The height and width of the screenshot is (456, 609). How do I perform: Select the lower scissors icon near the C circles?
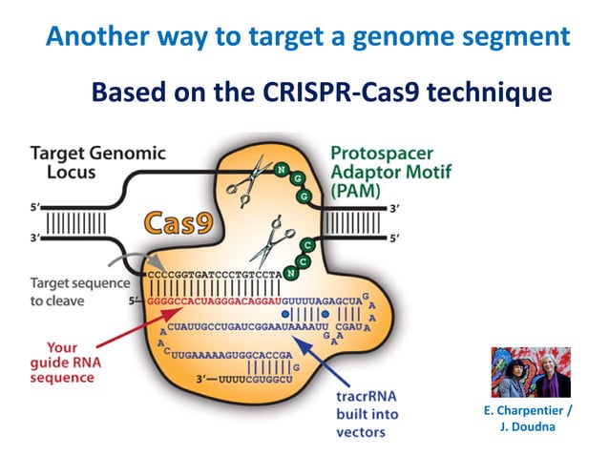[x=272, y=243]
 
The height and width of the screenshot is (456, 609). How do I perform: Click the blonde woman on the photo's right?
[x=552, y=373]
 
